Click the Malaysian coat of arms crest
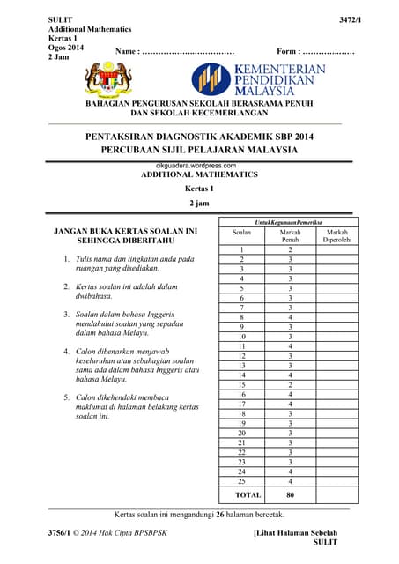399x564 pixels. pos(109,81)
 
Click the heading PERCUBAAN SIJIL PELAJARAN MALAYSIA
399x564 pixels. pos(199,151)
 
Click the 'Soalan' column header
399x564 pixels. pos(241,232)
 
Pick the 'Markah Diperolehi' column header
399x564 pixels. pos(336,235)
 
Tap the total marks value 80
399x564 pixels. pos(290,495)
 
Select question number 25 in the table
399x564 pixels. pos(241,482)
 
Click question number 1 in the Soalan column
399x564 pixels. pos(241,249)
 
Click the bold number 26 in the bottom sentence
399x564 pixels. pos(221,513)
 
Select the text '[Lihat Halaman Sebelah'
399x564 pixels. pos(295,534)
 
